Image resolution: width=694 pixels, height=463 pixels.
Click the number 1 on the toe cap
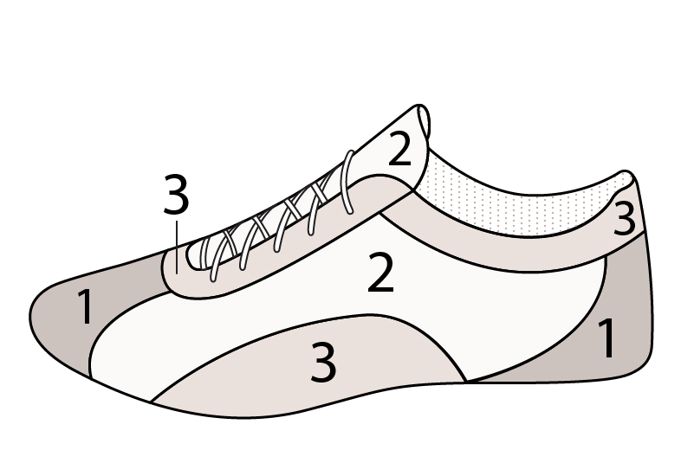(x=85, y=306)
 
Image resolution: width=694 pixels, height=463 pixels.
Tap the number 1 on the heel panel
(x=606, y=338)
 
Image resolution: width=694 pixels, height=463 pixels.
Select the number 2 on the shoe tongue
(x=399, y=150)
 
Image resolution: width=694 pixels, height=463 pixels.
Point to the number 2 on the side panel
(x=380, y=272)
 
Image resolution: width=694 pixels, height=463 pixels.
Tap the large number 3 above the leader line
(x=176, y=194)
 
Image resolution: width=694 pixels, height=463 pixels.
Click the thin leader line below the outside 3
(x=177, y=247)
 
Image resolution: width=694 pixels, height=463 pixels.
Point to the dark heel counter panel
(x=619, y=327)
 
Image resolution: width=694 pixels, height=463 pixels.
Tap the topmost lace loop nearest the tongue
(x=348, y=182)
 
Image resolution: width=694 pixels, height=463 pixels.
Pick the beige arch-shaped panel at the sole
(x=310, y=371)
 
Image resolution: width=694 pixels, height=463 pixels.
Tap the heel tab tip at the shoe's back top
(x=626, y=174)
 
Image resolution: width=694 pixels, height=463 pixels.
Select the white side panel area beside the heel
(x=554, y=310)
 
